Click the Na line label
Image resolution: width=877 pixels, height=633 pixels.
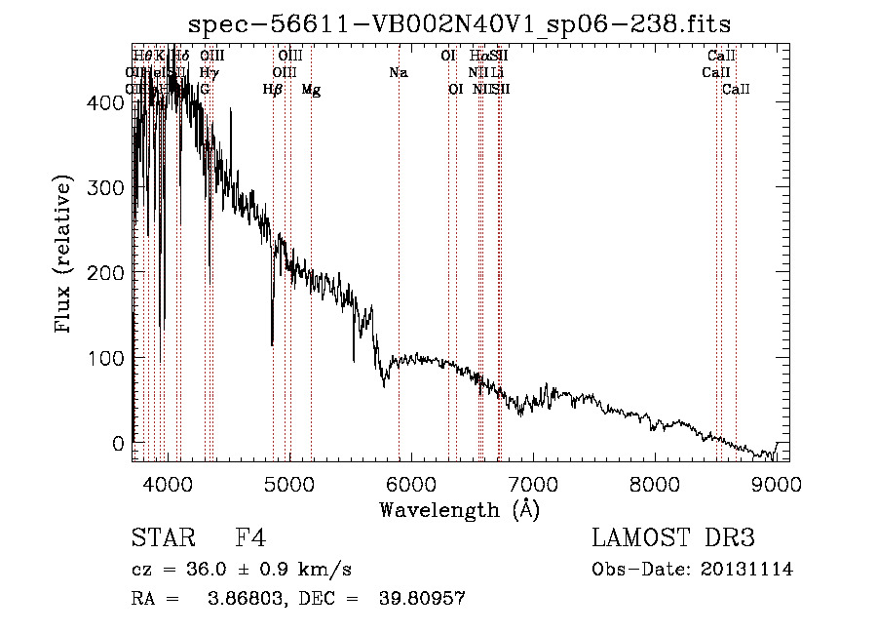(x=398, y=72)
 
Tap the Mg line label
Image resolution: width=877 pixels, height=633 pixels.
(x=311, y=90)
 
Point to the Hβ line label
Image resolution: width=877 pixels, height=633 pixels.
(x=273, y=90)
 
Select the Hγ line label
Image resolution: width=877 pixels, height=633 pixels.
(x=209, y=72)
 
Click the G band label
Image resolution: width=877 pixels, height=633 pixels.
(x=205, y=90)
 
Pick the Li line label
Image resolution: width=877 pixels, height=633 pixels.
(x=497, y=72)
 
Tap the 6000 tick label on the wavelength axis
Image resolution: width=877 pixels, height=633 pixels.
(x=410, y=483)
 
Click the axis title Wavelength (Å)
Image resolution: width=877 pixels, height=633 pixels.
(x=459, y=509)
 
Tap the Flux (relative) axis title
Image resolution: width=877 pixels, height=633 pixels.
(x=64, y=256)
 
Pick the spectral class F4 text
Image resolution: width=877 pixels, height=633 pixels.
(x=250, y=538)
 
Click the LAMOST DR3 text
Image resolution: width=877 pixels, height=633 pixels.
(x=673, y=538)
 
